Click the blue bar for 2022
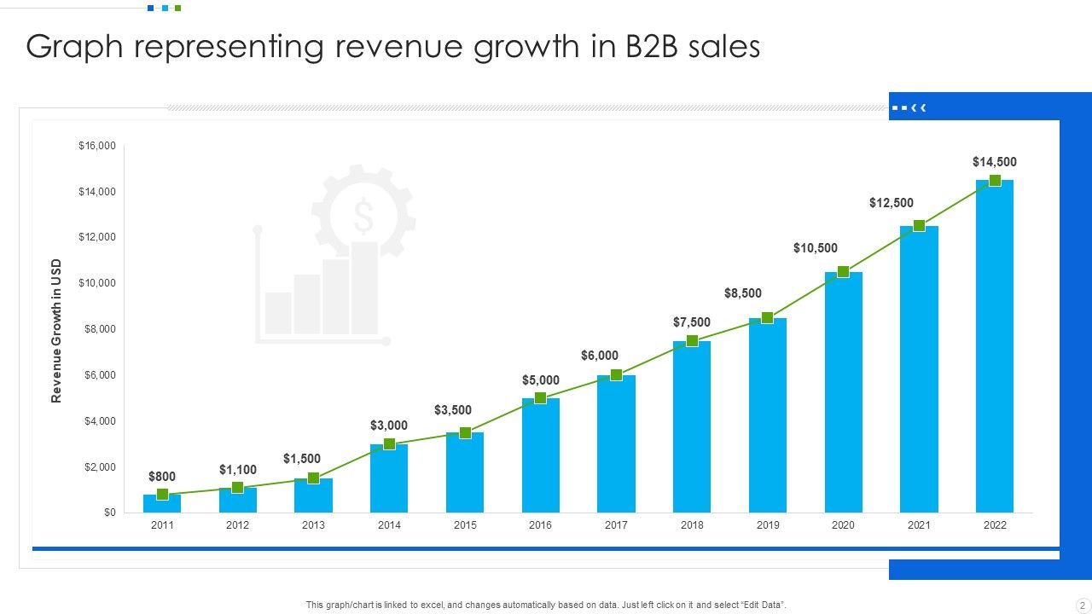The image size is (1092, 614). [995, 350]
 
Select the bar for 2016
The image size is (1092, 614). [540, 456]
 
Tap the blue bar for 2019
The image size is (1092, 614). [768, 418]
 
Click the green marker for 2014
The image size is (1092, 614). [389, 443]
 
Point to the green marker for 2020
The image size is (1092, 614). [843, 272]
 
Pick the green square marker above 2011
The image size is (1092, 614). [162, 494]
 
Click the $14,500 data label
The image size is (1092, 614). [994, 162]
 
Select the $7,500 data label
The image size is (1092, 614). [691, 321]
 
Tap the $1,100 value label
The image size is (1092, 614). [237, 470]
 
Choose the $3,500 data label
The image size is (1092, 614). [452, 410]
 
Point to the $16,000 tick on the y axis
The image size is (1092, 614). [97, 146]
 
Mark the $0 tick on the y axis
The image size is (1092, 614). [109, 513]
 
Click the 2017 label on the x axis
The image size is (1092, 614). [616, 525]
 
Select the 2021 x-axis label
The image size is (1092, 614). [919, 525]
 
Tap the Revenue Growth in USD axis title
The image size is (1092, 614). [56, 330]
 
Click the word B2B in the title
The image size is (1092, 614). [653, 48]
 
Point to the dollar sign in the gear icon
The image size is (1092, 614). [363, 217]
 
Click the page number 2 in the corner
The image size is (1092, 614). [1082, 605]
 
